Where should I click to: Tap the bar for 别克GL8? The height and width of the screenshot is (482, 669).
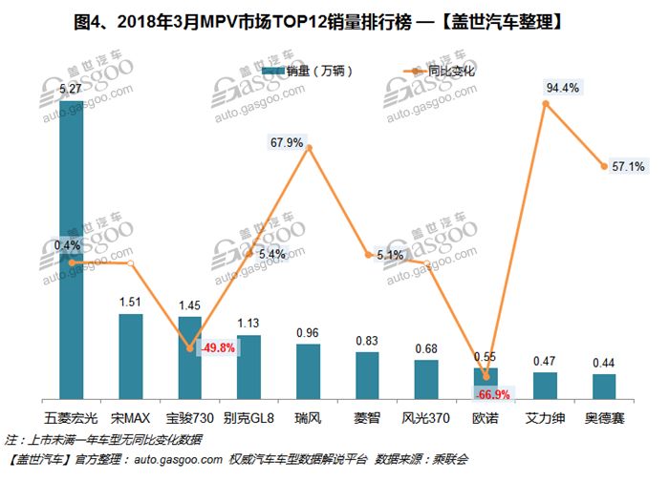coord(248,367)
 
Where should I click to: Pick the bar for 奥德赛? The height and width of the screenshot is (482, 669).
coord(603,387)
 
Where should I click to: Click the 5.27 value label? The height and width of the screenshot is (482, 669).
coord(70,91)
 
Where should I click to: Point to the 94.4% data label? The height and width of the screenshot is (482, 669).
coord(563,88)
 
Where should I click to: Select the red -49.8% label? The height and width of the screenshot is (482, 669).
coord(216,347)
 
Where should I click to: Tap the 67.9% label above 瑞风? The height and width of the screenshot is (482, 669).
coord(287,143)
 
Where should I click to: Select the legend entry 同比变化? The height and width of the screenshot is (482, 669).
coord(446,71)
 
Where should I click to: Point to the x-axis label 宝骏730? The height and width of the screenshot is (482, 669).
coord(189,418)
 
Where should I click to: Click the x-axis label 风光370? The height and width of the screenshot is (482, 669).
coord(426,418)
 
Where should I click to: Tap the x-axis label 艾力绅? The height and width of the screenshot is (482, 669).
coord(544,418)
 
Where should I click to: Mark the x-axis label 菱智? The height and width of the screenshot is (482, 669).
coord(367,418)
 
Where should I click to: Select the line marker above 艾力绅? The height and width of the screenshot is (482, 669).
coord(545,103)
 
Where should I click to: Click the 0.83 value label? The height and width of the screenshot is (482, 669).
coord(367,341)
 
